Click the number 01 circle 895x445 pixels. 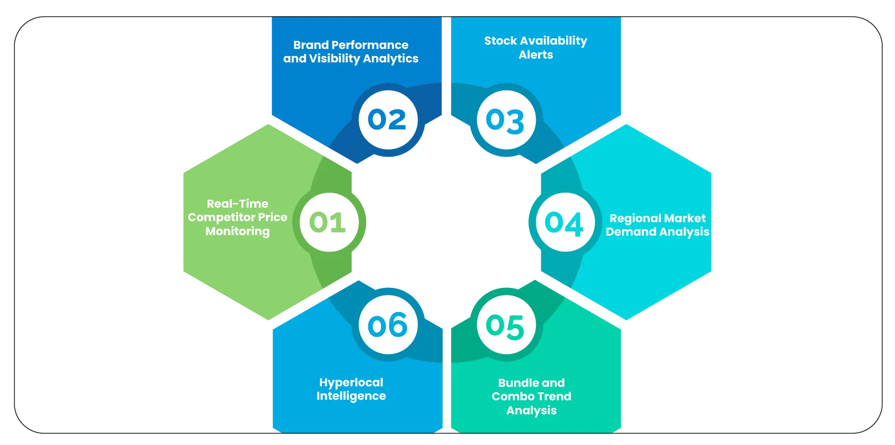pos(328,222)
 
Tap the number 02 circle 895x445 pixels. pos(388,119)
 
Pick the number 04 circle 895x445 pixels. pos(564,223)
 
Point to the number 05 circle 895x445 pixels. pos(505,326)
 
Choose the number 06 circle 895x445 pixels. pos(388,325)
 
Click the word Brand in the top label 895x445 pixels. pos(311,45)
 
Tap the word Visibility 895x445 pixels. pos(332,59)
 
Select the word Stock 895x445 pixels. pos(500,41)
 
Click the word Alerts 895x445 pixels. pos(536,55)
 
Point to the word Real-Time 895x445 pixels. pos(238,204)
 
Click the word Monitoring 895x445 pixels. pos(238,231)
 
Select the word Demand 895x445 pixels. pos(631,232)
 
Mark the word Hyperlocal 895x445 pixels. pos(351,383)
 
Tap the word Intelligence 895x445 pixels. pos(351,396)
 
